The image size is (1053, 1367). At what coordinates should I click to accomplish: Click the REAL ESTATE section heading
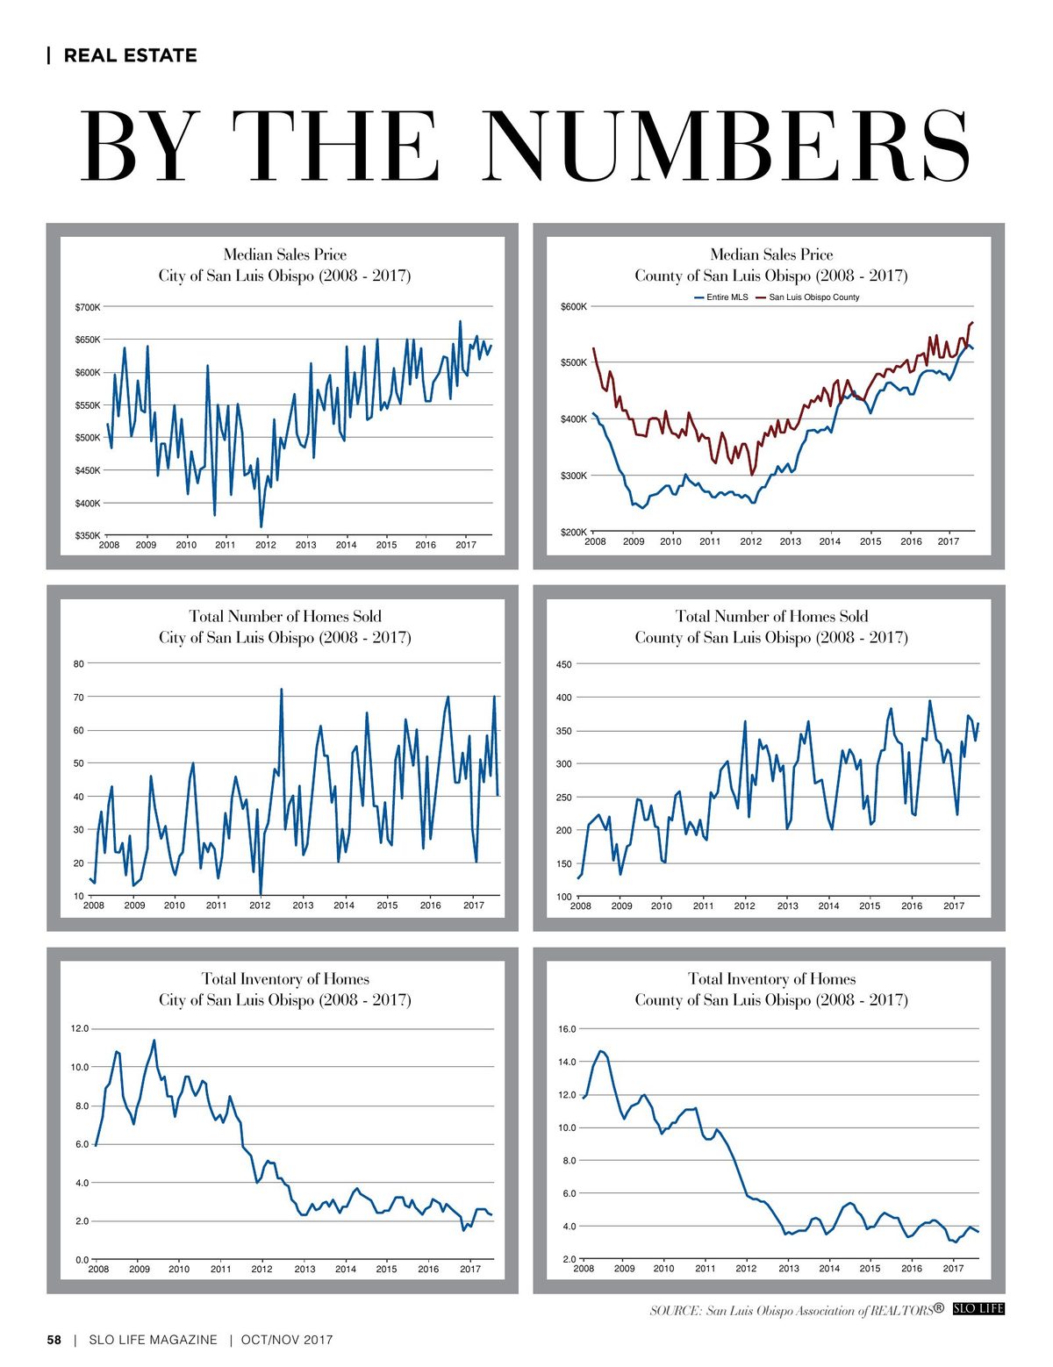(130, 55)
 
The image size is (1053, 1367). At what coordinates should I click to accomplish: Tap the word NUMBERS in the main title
(726, 146)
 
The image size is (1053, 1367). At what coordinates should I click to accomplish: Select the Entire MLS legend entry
(721, 297)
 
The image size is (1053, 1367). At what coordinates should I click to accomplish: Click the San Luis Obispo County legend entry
(807, 297)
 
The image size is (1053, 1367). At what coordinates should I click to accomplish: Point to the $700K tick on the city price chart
(88, 307)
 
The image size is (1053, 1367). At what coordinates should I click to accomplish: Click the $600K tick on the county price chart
(574, 306)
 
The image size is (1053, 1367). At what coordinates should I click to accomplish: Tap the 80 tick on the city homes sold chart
(78, 663)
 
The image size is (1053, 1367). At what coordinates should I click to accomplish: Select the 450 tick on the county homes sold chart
(564, 663)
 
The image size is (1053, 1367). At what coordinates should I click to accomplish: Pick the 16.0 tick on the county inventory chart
(567, 1029)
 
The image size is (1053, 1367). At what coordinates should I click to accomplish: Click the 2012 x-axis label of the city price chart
(266, 545)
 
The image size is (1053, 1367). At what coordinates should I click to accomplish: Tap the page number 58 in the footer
(54, 1339)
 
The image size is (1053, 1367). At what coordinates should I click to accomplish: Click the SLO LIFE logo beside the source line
(978, 1308)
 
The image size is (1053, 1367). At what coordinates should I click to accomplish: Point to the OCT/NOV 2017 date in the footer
(287, 1339)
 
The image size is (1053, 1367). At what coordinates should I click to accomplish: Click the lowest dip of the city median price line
(261, 526)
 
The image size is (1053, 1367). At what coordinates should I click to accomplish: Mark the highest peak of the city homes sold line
(281, 689)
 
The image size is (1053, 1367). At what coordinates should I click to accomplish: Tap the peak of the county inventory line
(600, 1050)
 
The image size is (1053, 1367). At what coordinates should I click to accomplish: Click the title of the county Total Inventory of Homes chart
(771, 989)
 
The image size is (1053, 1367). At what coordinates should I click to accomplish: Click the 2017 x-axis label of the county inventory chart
(953, 1268)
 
